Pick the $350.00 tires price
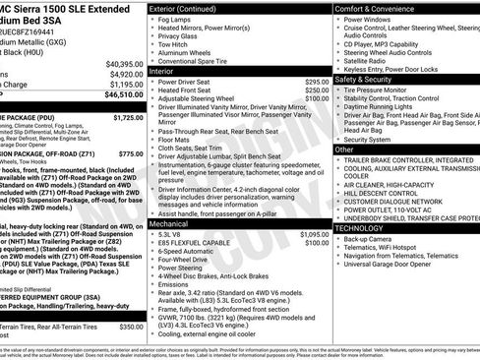(130, 327)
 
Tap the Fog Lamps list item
(178, 21)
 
